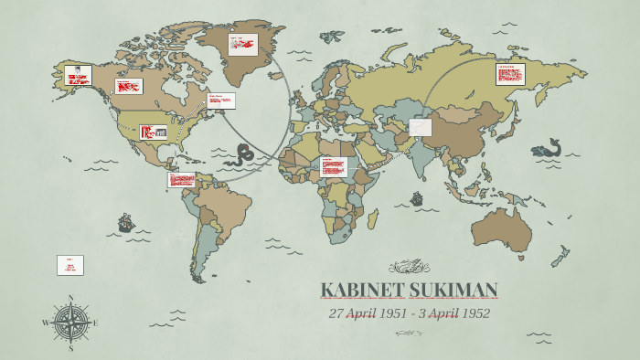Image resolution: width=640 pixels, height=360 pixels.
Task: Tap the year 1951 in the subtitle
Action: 390,313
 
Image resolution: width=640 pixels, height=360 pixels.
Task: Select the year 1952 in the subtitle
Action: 472,313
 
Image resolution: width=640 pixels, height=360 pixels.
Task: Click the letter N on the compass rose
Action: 70,298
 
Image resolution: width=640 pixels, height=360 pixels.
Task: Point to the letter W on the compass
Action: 45,323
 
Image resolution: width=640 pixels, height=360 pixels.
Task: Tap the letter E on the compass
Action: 95,323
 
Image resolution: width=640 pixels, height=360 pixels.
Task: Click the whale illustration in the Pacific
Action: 547,149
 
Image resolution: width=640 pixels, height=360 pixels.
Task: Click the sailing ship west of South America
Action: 125,222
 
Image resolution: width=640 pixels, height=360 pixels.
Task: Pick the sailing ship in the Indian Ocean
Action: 417,198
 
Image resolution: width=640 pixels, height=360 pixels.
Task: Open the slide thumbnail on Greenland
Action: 242,45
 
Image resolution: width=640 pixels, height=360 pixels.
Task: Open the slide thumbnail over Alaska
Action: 78,75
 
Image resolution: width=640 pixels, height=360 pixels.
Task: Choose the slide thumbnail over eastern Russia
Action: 510,74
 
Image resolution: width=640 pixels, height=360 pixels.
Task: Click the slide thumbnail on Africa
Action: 333,167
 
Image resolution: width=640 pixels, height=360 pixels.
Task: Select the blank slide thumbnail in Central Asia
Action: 420,127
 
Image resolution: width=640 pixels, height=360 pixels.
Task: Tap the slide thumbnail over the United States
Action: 154,132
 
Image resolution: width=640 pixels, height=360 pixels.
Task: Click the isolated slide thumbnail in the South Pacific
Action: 70,265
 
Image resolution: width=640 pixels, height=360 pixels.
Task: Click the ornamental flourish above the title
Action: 409,267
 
